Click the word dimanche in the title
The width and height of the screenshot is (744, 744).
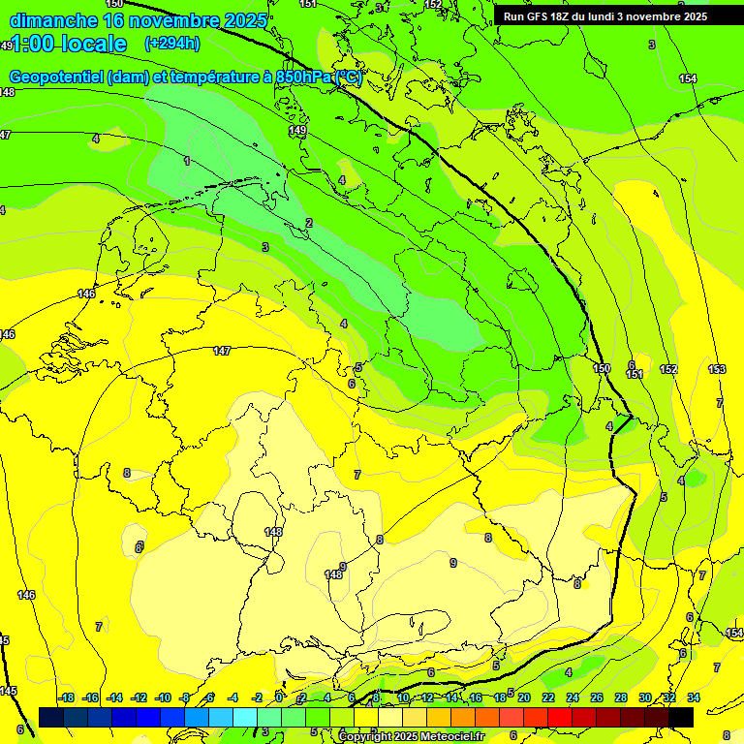click(x=53, y=20)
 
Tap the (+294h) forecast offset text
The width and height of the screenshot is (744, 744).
click(x=171, y=44)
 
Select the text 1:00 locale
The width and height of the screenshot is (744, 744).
click(x=69, y=44)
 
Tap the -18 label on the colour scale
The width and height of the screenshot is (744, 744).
click(x=66, y=697)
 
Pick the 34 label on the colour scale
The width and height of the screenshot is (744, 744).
click(x=693, y=697)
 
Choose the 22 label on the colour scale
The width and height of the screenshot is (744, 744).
click(x=547, y=697)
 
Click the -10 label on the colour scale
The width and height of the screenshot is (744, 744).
click(x=163, y=697)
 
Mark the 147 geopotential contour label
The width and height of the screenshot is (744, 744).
click(x=222, y=351)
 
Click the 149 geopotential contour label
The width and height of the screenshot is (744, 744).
click(x=297, y=130)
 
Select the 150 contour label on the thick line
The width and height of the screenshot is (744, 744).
click(x=602, y=368)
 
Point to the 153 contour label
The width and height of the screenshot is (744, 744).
click(x=717, y=369)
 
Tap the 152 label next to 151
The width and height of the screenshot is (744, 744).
click(x=668, y=369)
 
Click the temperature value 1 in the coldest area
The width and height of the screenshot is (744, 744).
click(x=187, y=161)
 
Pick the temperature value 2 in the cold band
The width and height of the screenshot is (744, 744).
click(x=309, y=223)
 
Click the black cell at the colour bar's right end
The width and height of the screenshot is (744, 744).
click(x=681, y=717)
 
